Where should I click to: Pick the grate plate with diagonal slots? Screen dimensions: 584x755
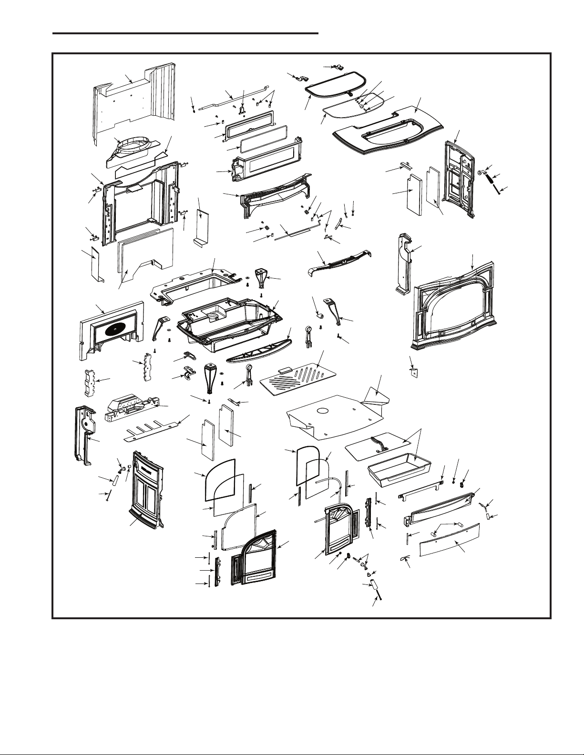(297, 378)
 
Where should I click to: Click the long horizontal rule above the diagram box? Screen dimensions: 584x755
(185, 33)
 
